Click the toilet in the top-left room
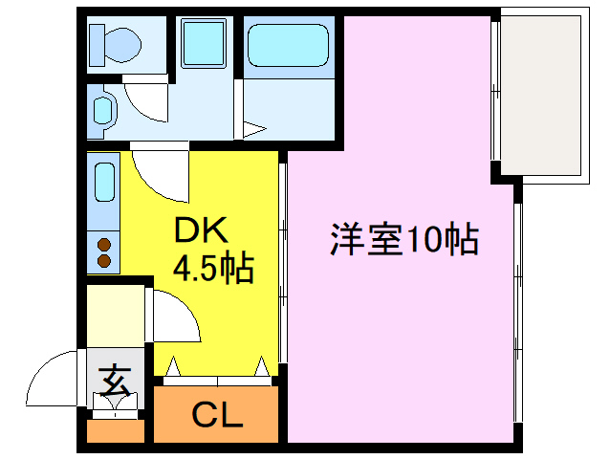(115, 42)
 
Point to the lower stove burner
(102, 260)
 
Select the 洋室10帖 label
(403, 239)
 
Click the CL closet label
(217, 416)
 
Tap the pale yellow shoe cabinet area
(117, 312)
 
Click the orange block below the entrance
(115, 431)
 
